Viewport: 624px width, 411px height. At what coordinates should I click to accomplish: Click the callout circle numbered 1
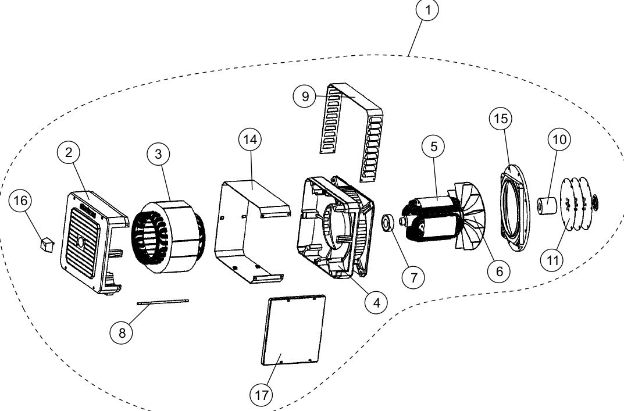[427, 11]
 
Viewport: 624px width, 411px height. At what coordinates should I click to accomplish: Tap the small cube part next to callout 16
[45, 244]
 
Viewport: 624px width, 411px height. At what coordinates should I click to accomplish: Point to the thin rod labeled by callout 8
[163, 301]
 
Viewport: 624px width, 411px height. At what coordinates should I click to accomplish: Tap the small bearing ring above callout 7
[388, 223]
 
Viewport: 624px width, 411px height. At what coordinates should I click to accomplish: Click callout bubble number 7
[413, 277]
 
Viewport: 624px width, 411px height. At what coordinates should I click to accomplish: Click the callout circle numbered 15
[500, 119]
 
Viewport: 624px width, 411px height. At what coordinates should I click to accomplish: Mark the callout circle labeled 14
[251, 140]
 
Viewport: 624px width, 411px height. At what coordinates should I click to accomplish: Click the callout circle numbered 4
[376, 302]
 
